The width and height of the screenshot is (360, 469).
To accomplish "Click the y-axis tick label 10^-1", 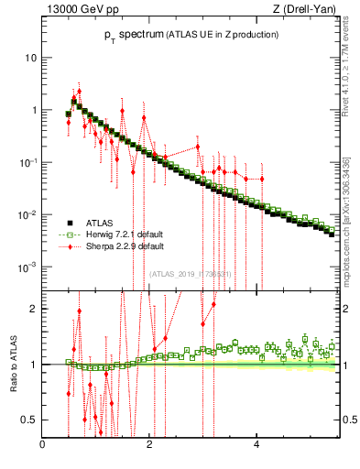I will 27,162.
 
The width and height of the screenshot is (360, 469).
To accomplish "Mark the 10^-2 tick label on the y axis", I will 27,214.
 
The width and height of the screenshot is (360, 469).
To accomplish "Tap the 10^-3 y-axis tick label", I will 27,267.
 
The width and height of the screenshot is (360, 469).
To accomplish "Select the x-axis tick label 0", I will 42,445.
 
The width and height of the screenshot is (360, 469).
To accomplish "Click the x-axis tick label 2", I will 149,445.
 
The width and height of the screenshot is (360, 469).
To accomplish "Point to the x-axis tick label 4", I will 256,445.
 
